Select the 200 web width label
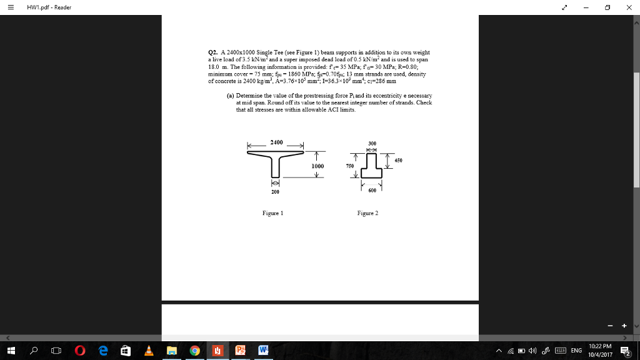coord(274,192)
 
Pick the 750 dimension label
coord(349,166)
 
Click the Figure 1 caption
coord(272,213)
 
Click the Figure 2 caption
coord(367,213)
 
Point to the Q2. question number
coord(212,52)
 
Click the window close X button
coord(628,7)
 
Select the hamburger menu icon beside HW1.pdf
coord(12,7)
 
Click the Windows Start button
coord(11,351)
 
